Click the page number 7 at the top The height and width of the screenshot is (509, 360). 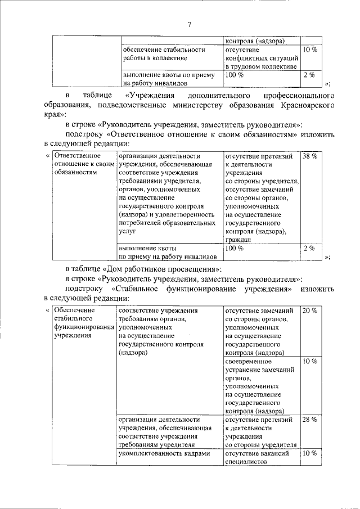pos(190,24)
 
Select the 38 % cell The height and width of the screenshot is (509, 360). pos(309,156)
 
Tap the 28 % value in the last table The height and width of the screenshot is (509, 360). pos(309,420)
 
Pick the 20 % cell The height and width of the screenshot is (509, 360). pos(309,310)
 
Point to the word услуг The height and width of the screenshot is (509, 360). pos(128,231)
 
